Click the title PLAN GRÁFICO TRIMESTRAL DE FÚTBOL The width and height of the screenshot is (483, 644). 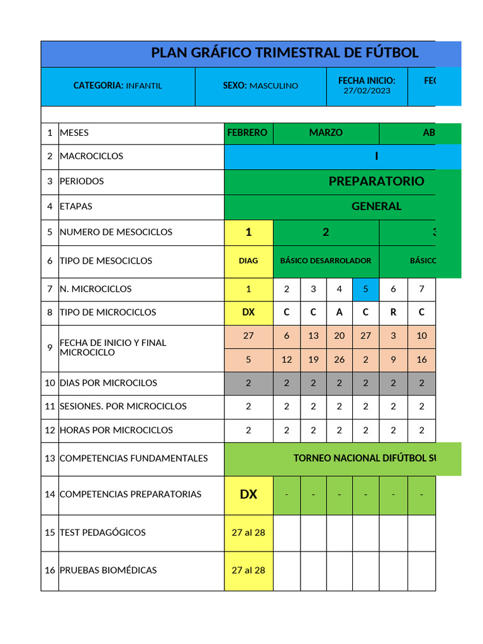coord(284,53)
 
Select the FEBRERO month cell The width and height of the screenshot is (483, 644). coord(247,133)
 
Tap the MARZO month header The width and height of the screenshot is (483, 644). coord(326,133)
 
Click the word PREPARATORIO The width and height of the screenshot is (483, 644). coord(376,181)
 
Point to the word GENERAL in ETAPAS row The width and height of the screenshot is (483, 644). coord(376,206)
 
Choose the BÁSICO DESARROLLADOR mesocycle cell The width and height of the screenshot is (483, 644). coord(326,260)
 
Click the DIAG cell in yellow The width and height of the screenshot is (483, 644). coord(248,260)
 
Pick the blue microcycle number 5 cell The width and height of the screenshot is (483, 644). coord(365,289)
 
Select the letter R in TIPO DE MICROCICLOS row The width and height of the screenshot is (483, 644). coord(393,313)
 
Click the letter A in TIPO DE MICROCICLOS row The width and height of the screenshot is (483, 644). coord(340,313)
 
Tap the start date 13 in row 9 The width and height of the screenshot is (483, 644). coord(313,336)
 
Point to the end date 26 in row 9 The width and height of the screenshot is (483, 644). coord(340,360)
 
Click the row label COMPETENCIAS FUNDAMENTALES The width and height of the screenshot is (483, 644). coord(133,458)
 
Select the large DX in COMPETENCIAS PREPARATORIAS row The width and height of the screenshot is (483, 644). coord(248,494)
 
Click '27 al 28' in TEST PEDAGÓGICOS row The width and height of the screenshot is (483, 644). coord(248,533)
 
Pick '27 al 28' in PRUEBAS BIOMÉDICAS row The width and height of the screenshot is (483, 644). coord(248,570)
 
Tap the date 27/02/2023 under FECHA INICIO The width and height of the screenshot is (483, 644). coord(367,91)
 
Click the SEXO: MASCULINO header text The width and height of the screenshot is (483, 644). coord(260,86)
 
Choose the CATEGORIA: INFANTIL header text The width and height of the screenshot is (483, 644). coord(118,86)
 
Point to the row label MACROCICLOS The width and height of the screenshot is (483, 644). coord(91,156)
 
